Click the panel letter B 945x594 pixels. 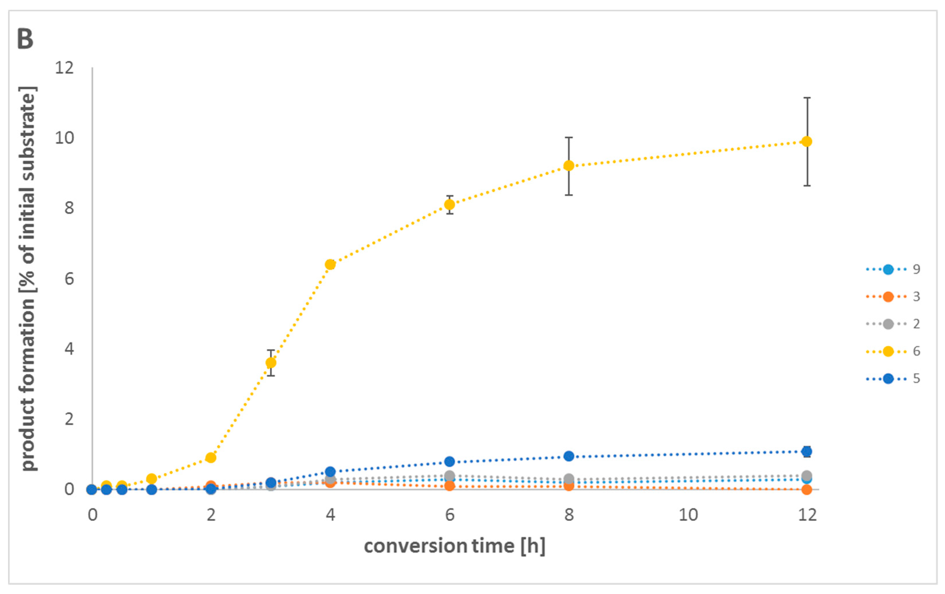click(25, 39)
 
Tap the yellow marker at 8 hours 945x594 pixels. click(569, 166)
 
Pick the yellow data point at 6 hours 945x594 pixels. click(450, 205)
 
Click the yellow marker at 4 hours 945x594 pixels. click(330, 265)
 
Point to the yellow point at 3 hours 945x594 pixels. click(271, 363)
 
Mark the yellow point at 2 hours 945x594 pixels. click(211, 457)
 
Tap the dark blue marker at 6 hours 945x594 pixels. click(450, 461)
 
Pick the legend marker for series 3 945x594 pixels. click(888, 297)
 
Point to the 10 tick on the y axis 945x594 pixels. click(64, 138)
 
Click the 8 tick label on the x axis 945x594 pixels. click(569, 515)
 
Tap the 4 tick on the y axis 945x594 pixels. click(69, 349)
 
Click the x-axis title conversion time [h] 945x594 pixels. click(454, 546)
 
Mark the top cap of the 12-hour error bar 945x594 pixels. click(807, 98)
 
